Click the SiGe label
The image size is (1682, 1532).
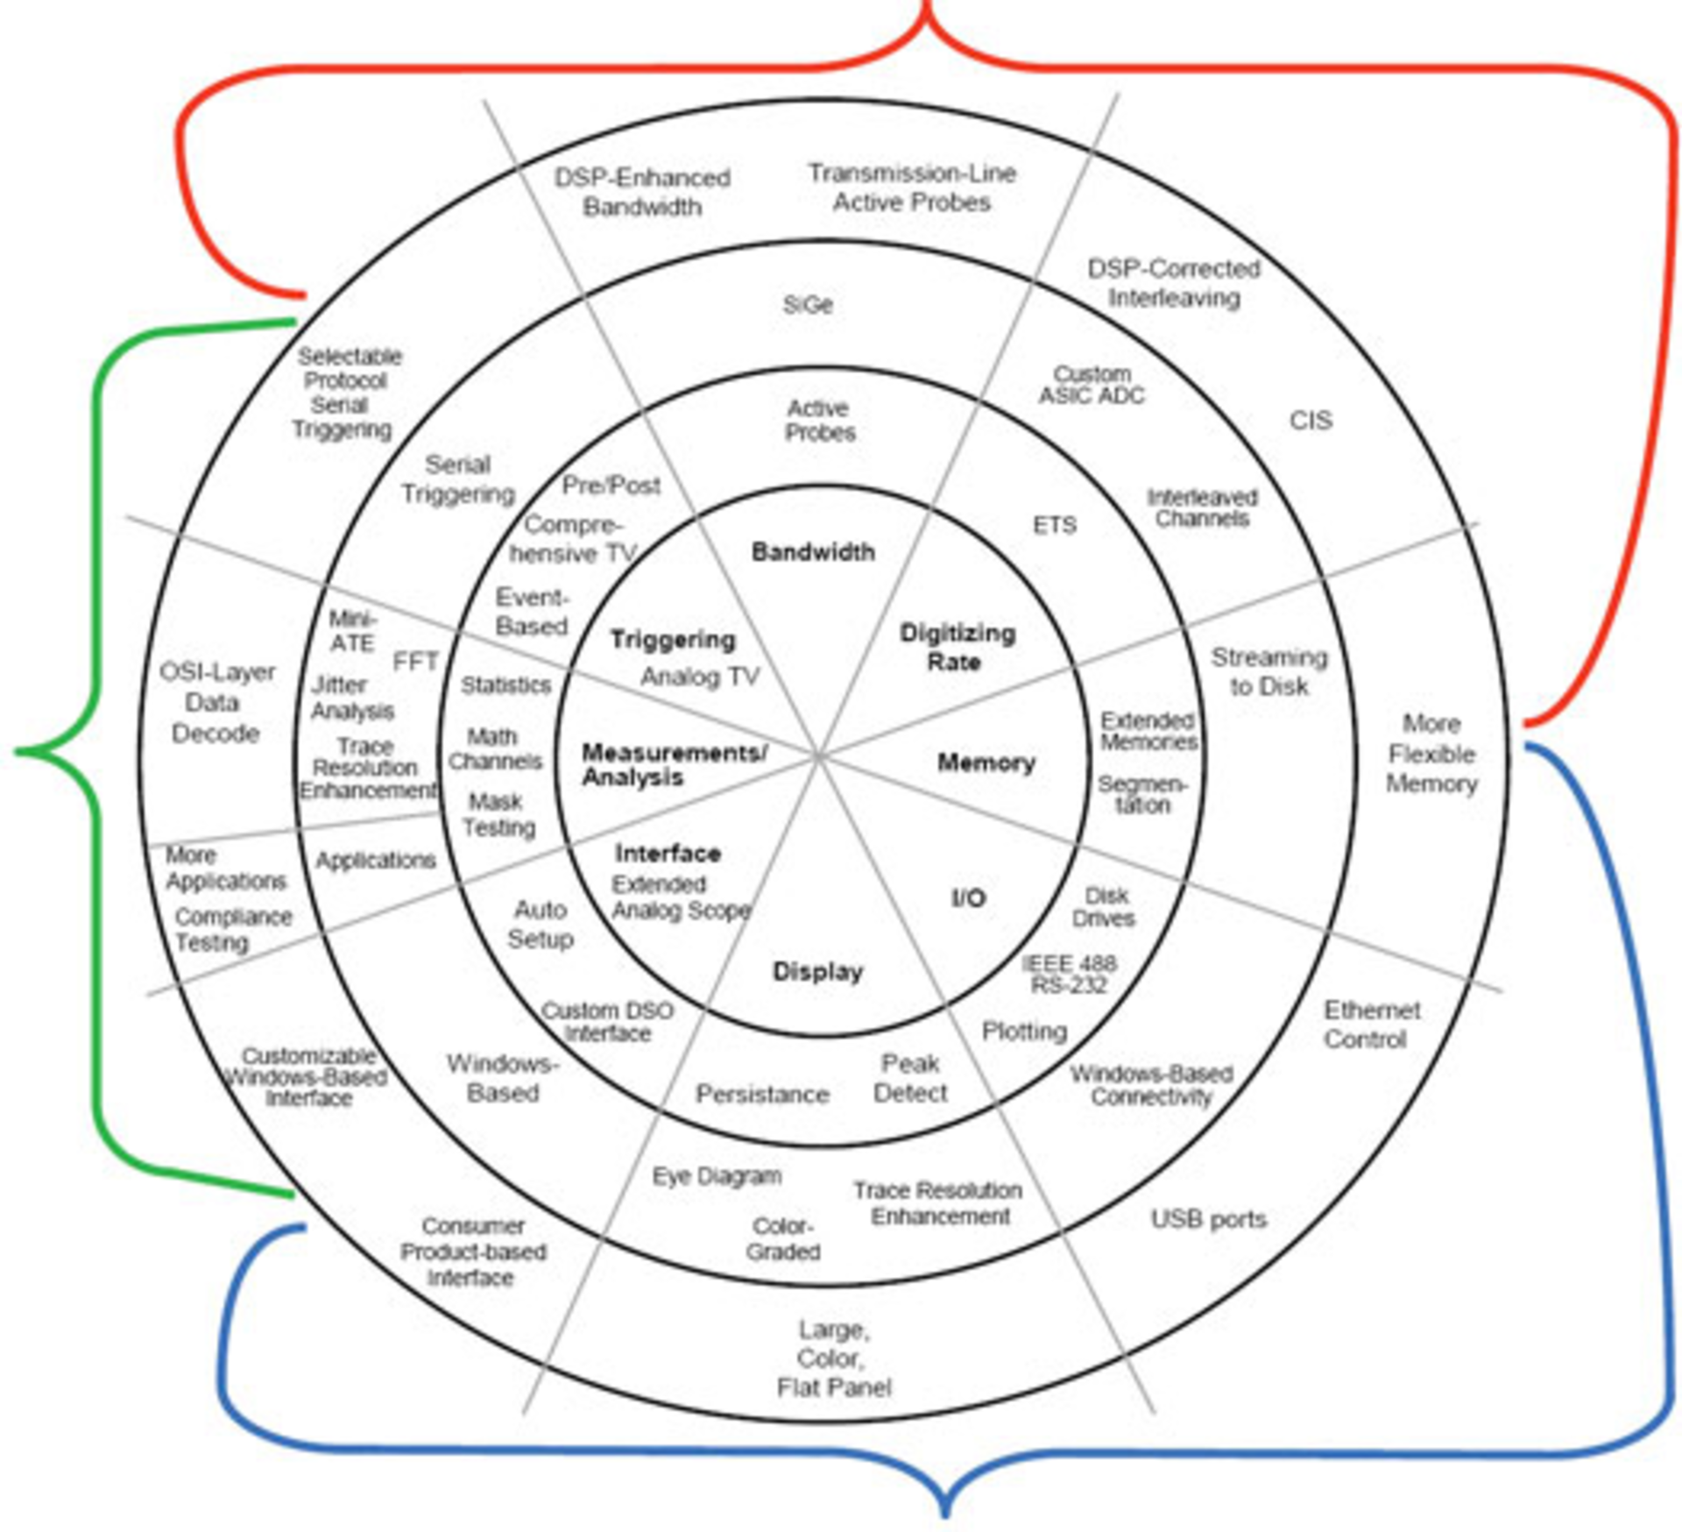coord(807,305)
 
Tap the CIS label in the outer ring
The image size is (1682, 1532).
coord(1311,421)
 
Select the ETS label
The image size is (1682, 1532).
coord(1054,525)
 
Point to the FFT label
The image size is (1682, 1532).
coord(415,662)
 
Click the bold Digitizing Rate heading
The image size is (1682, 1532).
coord(958,647)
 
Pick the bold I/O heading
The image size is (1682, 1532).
coord(969,897)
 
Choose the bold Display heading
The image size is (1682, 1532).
coord(817,971)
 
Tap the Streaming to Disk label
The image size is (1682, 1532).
coord(1269,671)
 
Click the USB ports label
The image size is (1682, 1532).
coord(1208,1219)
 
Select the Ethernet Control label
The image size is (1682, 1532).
coord(1370,1025)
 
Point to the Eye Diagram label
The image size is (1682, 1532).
coord(717,1176)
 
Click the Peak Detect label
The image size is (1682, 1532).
coord(910,1078)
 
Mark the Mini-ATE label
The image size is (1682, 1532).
coord(352,631)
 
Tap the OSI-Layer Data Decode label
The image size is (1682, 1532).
coord(216,703)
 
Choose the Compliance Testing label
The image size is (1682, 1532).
coord(232,929)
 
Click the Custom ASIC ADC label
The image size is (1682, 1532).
coord(1092,385)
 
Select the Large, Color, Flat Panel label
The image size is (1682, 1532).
coord(833,1358)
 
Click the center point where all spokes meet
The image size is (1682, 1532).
coord(818,755)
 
